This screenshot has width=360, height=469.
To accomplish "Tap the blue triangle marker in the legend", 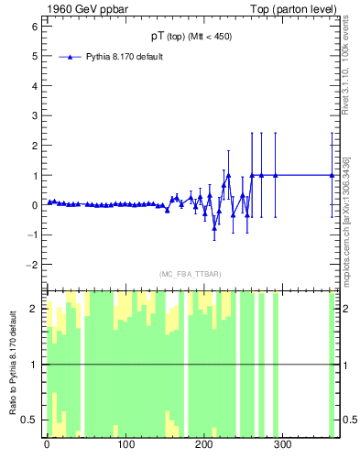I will coord(70,57).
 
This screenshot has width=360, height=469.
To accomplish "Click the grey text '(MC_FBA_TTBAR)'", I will coord(190,273).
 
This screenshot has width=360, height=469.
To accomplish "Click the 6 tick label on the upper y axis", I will coord(33,27).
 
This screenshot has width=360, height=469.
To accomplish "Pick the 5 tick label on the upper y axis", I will coord(33,56).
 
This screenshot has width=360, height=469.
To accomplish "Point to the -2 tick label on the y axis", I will coord(31,265).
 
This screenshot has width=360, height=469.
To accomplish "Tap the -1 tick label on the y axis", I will coord(31,234).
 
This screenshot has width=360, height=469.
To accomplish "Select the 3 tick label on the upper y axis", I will coord(33,115).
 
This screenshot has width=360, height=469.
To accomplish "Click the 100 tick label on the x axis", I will coord(125,445).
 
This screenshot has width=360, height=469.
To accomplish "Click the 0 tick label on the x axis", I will coord(47,445).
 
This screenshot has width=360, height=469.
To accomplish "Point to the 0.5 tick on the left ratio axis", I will coord(29,420).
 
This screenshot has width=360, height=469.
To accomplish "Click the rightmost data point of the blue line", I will coord(333,175).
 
